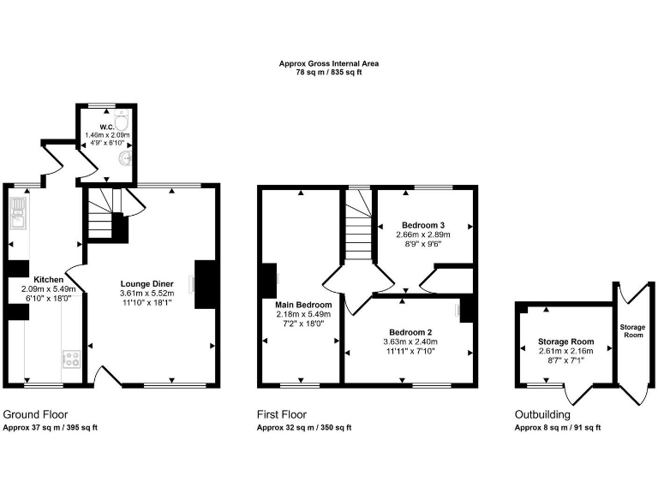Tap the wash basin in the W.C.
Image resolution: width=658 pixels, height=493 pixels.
click(x=126, y=158)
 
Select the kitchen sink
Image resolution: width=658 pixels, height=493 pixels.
click(x=18, y=214)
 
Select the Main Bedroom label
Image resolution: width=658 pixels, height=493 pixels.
click(x=303, y=304)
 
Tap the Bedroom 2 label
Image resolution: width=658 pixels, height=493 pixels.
click(x=410, y=331)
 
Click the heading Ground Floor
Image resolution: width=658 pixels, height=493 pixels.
click(x=35, y=414)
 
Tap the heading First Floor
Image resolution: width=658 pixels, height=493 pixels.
click(x=284, y=414)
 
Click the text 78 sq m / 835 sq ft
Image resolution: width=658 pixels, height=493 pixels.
click(x=328, y=73)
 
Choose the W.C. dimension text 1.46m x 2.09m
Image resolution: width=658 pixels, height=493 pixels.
click(x=107, y=135)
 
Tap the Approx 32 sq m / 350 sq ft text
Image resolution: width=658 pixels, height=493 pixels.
click(x=303, y=427)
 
